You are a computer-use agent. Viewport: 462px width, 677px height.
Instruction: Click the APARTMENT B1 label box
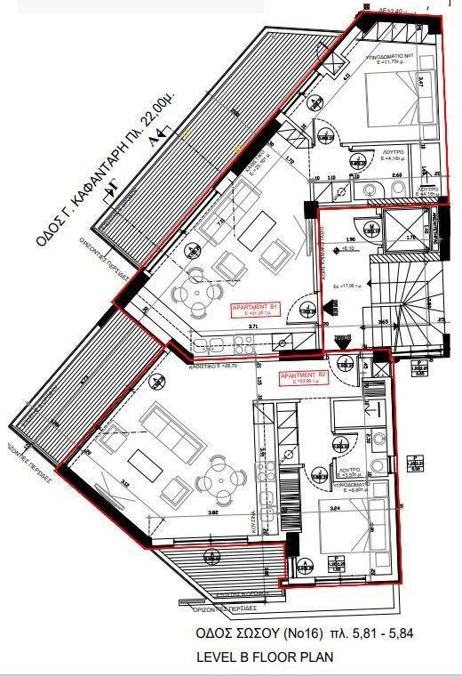click(256, 310)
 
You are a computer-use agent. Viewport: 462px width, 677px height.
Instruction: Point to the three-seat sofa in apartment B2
click(166, 428)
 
